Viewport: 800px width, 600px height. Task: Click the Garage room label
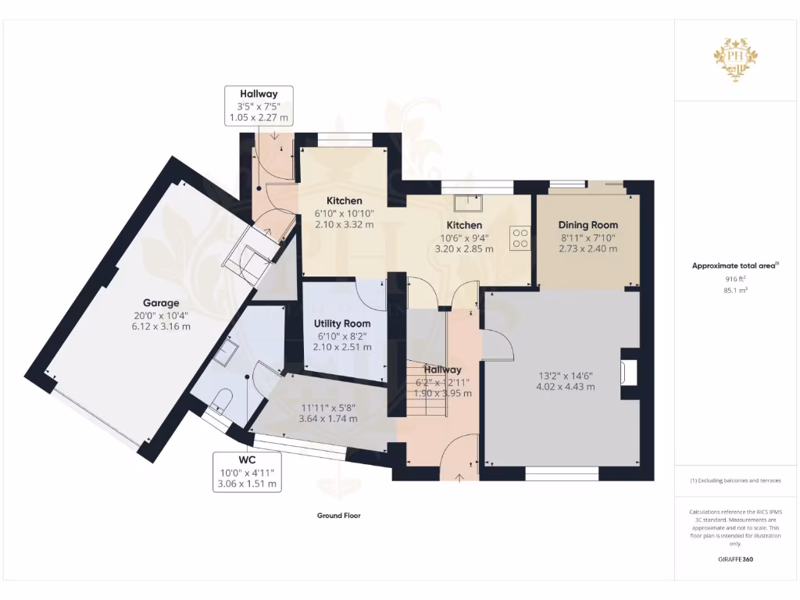[161, 303]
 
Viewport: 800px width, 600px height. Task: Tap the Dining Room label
[587, 224]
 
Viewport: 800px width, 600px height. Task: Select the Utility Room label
[342, 323]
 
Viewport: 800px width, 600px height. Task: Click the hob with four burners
[520, 237]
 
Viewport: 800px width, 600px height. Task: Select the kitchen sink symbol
[471, 202]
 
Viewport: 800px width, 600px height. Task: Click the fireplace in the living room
[628, 373]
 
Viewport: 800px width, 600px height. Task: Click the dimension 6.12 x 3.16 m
[161, 327]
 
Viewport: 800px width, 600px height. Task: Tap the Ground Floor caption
[338, 516]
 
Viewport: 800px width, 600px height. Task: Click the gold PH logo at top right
[734, 58]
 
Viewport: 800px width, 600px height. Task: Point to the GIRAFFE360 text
[735, 559]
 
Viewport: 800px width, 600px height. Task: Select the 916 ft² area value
[734, 277]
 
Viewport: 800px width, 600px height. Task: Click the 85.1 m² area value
[734, 290]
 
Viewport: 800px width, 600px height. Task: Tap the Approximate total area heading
[734, 266]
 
